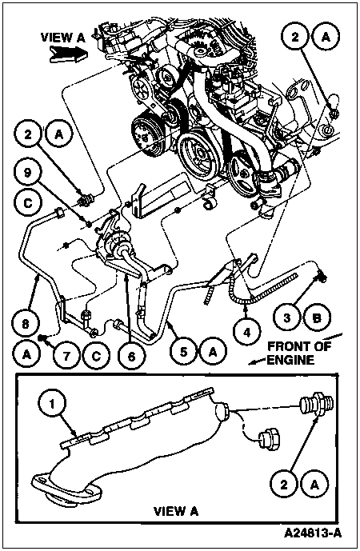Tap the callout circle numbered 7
(66, 355)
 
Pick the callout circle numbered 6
(131, 356)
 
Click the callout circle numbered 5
(183, 351)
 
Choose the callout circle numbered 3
(287, 318)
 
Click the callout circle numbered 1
(52, 404)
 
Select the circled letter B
(317, 318)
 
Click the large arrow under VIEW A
(68, 54)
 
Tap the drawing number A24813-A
(313, 533)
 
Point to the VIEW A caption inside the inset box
(176, 511)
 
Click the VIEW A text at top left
(63, 38)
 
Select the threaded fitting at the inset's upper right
(315, 404)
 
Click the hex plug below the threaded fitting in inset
(270, 440)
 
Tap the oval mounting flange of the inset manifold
(66, 484)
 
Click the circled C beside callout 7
(96, 355)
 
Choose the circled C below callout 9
(28, 203)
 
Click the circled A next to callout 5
(213, 351)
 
